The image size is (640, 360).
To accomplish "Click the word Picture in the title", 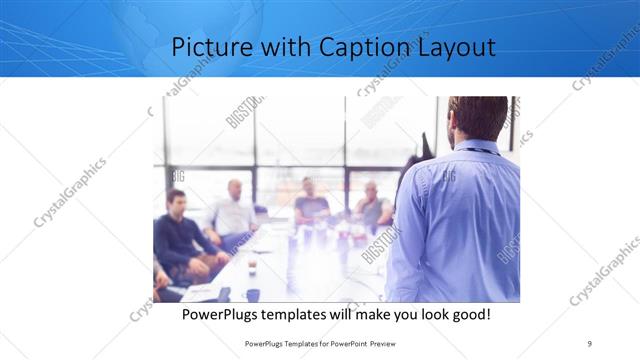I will [x=207, y=47].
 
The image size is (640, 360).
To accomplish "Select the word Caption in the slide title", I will [x=345, y=47].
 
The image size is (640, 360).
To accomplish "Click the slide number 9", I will [x=590, y=343].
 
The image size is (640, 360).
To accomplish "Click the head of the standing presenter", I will [x=477, y=118].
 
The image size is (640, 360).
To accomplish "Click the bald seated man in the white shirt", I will [x=233, y=210].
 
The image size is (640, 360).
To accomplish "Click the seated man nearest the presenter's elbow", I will [x=371, y=206].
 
